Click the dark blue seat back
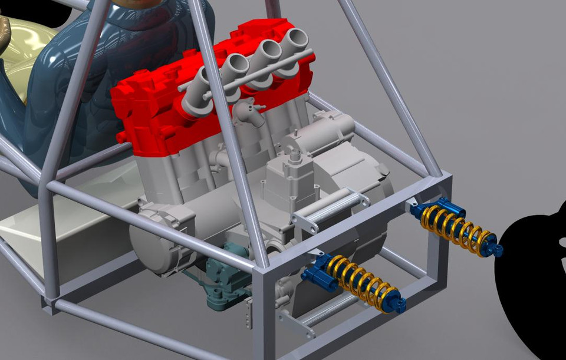pos(88,88)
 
